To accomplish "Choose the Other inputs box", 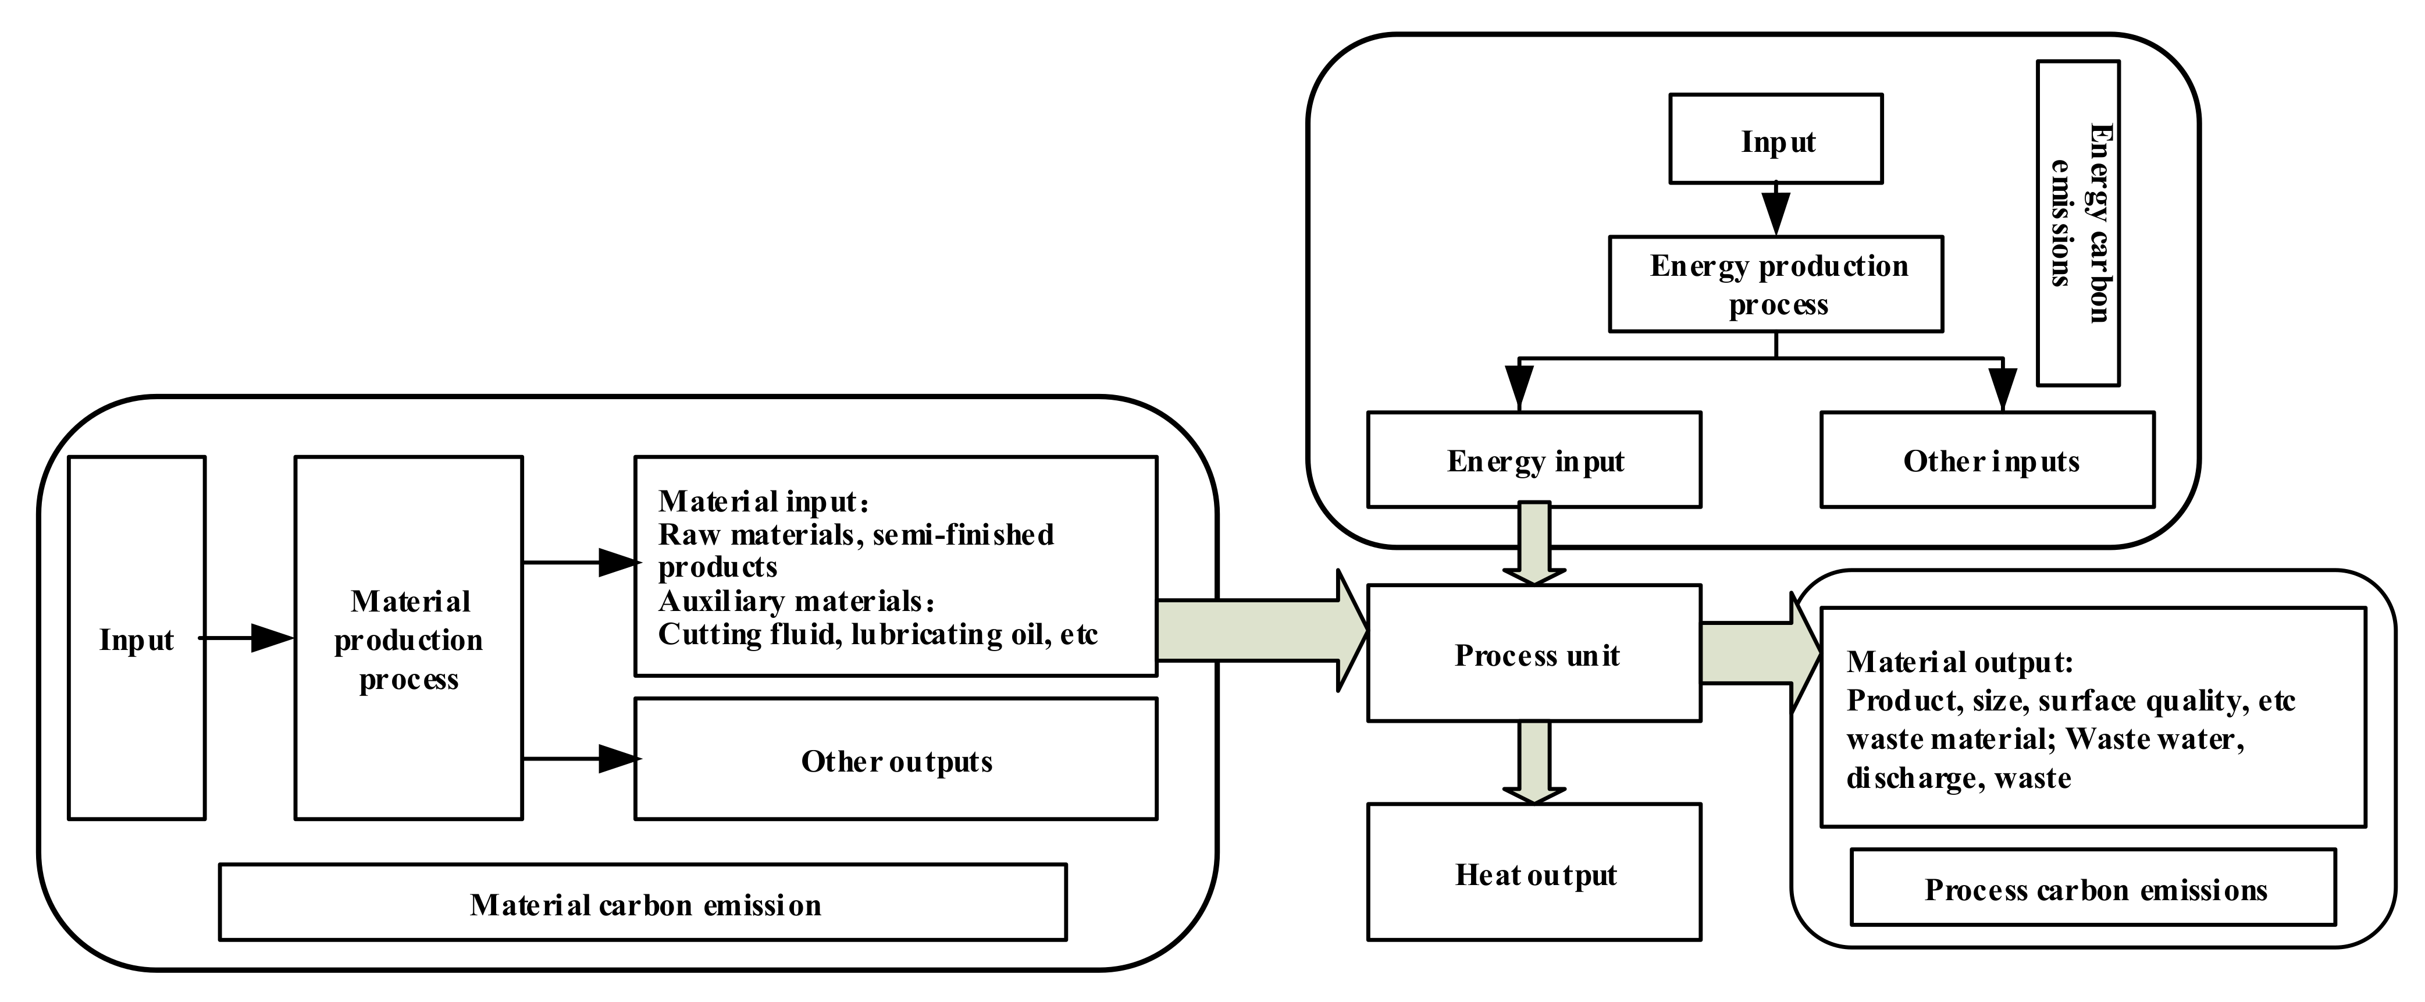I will pyautogui.click(x=1987, y=460).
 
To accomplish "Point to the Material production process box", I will pyautogui.click(x=408, y=638).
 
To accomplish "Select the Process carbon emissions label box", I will pyautogui.click(x=2093, y=888).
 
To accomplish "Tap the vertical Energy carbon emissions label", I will pyautogui.click(x=2078, y=223).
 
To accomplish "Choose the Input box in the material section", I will pyautogui.click(x=137, y=638).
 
